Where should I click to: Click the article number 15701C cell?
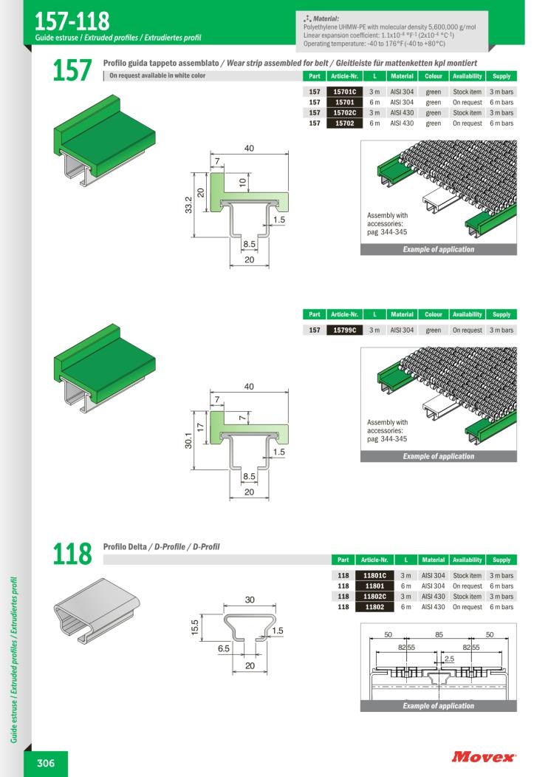coord(345,92)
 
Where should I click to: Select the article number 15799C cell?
coord(345,330)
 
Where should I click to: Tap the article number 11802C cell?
coord(375,596)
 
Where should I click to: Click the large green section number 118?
coord(72,553)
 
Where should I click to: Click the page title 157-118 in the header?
coord(72,18)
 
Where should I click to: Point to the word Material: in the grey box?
coord(325,18)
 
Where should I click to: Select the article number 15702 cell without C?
coord(345,123)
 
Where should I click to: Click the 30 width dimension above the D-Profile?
coord(250,600)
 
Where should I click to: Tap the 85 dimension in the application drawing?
coord(439,634)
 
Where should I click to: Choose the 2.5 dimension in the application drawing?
coord(449,658)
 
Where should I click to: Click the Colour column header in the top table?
coord(434,76)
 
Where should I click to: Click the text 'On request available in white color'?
coord(157,76)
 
